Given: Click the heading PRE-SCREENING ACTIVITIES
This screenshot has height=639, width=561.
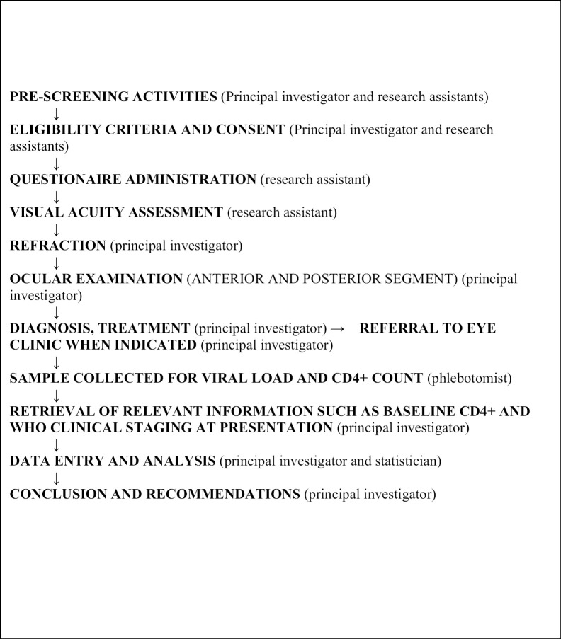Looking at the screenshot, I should pos(113,97).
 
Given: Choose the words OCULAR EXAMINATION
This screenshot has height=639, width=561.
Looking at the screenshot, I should pos(96,279).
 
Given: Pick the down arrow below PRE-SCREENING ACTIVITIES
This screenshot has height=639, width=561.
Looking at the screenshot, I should pos(56,113).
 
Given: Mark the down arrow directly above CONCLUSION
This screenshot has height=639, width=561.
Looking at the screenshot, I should pos(56,478).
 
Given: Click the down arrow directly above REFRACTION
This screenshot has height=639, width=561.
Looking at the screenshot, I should pos(56,229).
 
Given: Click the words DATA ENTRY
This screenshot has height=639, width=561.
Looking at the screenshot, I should pos(53,461).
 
